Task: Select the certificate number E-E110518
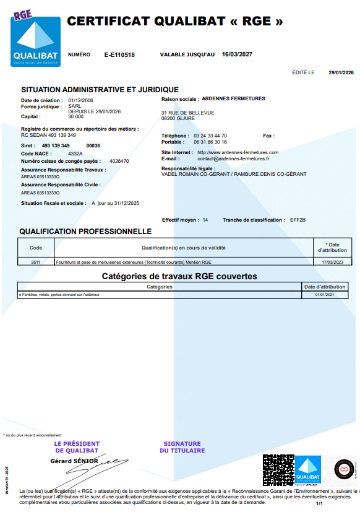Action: pos(119,55)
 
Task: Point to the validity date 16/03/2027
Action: pos(237,54)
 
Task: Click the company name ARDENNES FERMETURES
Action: pos(233,98)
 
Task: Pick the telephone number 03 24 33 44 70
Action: pos(210,136)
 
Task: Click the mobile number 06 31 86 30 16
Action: pos(210,142)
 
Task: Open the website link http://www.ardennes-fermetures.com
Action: pos(238,152)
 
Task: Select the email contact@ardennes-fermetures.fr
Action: pos(233,158)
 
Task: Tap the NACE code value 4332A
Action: pos(75,153)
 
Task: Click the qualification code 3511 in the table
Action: pos(36,263)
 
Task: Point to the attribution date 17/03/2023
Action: pos(332,263)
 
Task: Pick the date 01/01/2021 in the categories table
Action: pos(324,295)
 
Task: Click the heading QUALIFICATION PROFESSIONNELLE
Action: pos(85,232)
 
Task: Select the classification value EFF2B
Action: pos(298,220)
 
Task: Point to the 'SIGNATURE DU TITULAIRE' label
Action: pos(182,447)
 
